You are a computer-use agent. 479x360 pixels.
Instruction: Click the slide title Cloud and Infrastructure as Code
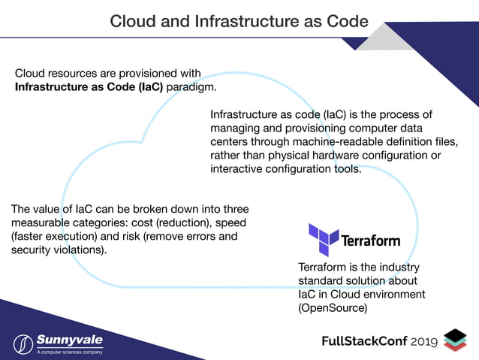tap(239, 20)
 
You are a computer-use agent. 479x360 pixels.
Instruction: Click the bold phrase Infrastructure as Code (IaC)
tap(89, 87)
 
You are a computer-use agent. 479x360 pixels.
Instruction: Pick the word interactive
tap(239, 168)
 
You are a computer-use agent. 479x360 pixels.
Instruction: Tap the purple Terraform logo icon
tap(324, 240)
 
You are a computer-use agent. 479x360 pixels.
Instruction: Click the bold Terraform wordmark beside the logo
tap(371, 242)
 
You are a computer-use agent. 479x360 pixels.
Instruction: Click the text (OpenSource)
tap(333, 308)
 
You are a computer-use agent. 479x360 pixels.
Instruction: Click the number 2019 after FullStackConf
tap(425, 342)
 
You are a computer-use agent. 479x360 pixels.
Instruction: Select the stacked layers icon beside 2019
tap(455, 340)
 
